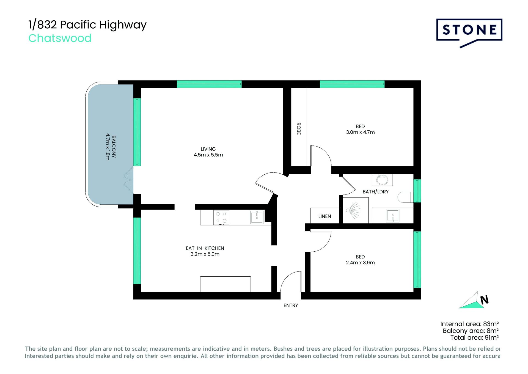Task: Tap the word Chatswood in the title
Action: [60, 38]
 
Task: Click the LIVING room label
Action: [208, 149]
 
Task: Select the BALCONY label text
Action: [114, 147]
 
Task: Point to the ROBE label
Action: [299, 129]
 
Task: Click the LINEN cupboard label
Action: [324, 216]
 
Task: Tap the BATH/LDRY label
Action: [375, 192]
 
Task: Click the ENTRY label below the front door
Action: [291, 305]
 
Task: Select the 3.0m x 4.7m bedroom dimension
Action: [360, 132]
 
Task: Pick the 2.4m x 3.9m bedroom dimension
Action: [360, 263]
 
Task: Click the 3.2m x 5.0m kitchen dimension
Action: [205, 254]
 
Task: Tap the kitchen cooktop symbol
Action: [221, 217]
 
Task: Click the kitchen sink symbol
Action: [257, 217]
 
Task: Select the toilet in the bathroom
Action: [406, 197]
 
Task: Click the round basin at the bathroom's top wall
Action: [382, 180]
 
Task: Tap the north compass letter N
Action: [484, 300]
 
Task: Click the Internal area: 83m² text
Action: [469, 324]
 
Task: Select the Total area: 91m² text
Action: [474, 338]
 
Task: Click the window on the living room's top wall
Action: [209, 84]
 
